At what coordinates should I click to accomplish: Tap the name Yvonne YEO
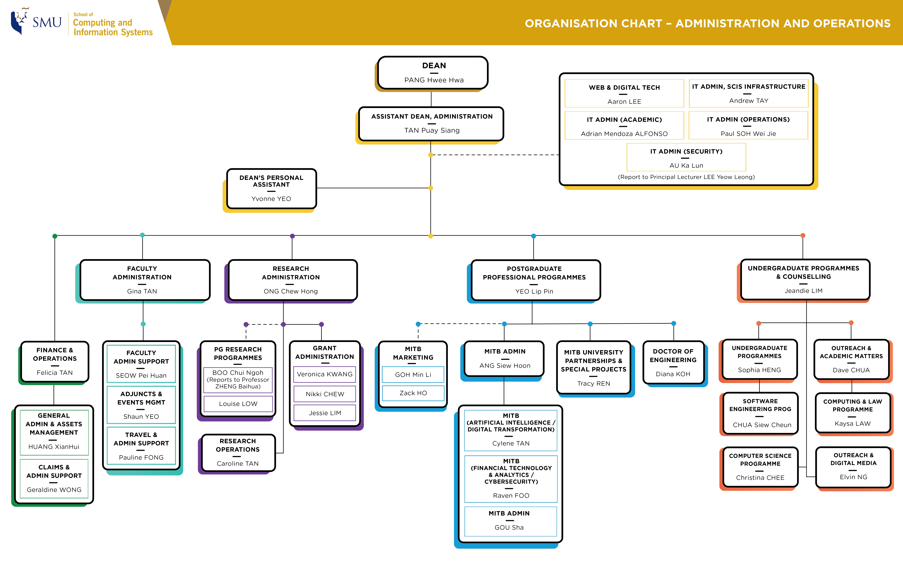click(x=271, y=199)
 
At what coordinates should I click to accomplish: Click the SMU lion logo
click(x=20, y=22)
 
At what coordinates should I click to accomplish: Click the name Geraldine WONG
click(x=54, y=490)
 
